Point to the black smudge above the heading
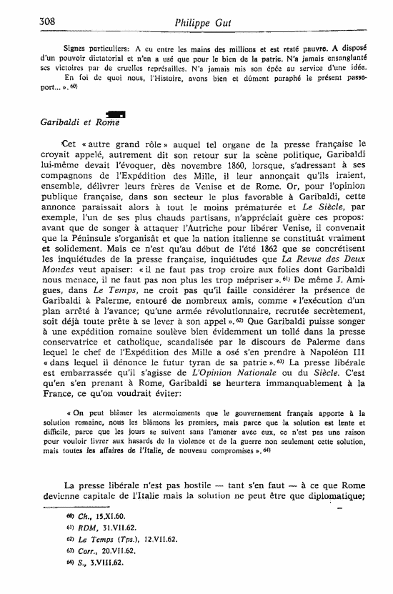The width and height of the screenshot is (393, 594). tap(114, 113)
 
